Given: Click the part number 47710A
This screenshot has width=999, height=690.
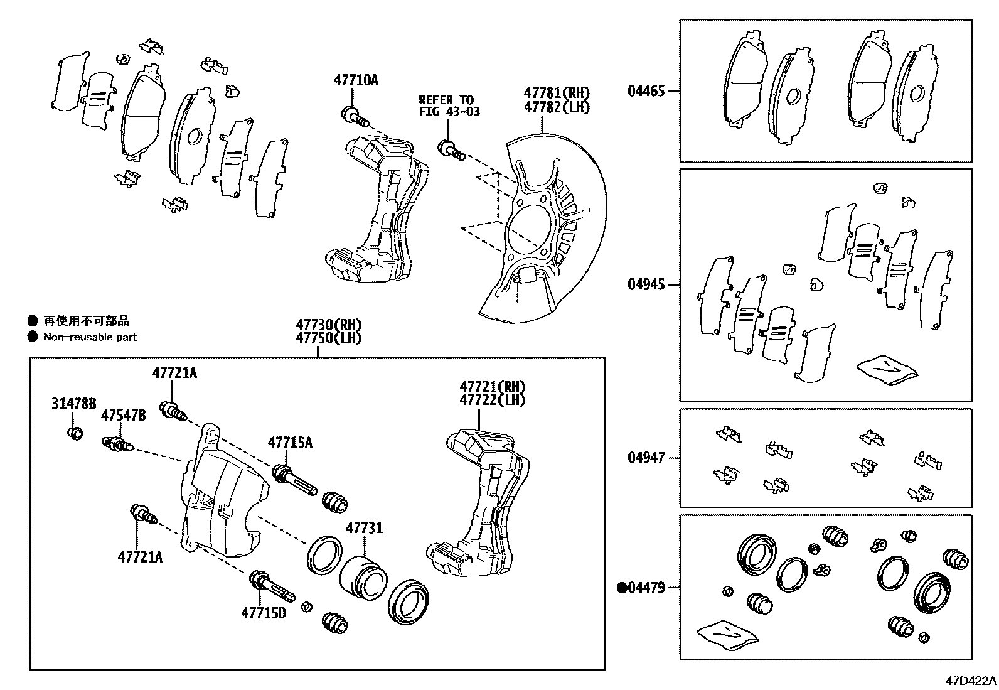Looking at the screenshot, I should point(356,80).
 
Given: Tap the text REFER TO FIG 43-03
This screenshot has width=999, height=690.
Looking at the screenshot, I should point(446,105).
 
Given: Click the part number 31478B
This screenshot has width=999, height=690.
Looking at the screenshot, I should point(74,404).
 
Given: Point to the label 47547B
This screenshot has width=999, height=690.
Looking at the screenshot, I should point(124,415).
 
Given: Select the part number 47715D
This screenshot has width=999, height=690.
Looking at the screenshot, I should point(264,612).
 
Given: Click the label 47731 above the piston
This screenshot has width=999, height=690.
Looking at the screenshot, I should point(364,529).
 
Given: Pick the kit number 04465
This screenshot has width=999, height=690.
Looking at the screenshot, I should point(646,91).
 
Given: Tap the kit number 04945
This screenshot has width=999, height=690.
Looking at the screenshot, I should point(646,284).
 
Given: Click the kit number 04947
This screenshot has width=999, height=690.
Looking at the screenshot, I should point(646,458).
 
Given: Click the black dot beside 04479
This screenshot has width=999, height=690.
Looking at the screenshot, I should point(622,588).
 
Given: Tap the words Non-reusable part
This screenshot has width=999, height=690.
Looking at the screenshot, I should point(90,337).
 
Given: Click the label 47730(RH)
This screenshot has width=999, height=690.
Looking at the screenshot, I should point(329,325).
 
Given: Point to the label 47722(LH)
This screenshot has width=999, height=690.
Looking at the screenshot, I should point(492,399).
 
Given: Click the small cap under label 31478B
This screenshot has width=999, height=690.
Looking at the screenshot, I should point(74,433).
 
